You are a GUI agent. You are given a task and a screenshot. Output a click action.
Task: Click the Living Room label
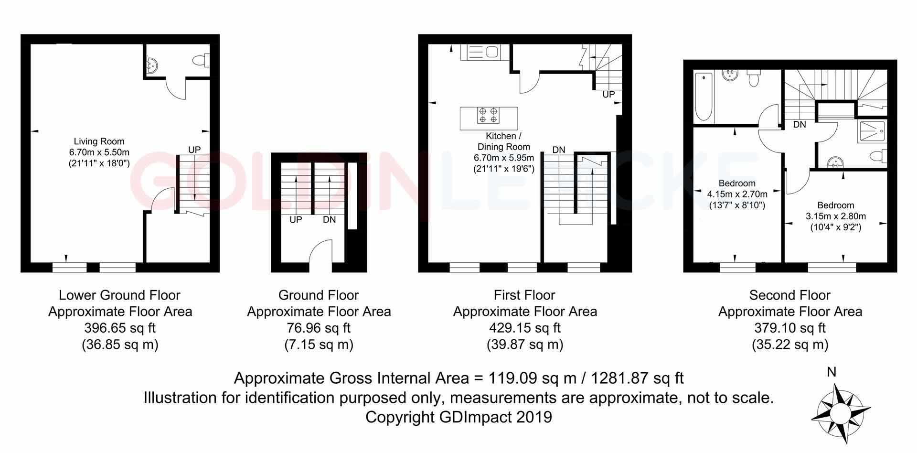99,141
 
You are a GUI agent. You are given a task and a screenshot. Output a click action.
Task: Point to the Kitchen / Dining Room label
503,141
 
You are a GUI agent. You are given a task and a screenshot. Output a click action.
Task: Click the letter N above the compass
832,373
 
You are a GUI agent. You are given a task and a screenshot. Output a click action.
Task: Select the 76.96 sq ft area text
319,328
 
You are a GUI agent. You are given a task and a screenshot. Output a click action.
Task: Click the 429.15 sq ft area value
525,328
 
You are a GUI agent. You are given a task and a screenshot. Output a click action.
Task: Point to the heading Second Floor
790,295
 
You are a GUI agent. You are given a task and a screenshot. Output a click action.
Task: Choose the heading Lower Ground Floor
119,295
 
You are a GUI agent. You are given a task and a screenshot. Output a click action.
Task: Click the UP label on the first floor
608,95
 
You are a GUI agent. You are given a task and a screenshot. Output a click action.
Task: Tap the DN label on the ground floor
329,220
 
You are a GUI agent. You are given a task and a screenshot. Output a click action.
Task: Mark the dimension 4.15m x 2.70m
737,194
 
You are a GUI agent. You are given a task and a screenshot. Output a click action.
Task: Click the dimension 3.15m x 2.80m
835,216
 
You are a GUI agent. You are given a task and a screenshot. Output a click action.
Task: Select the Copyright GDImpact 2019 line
458,417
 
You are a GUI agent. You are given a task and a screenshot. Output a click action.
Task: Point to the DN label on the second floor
800,125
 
